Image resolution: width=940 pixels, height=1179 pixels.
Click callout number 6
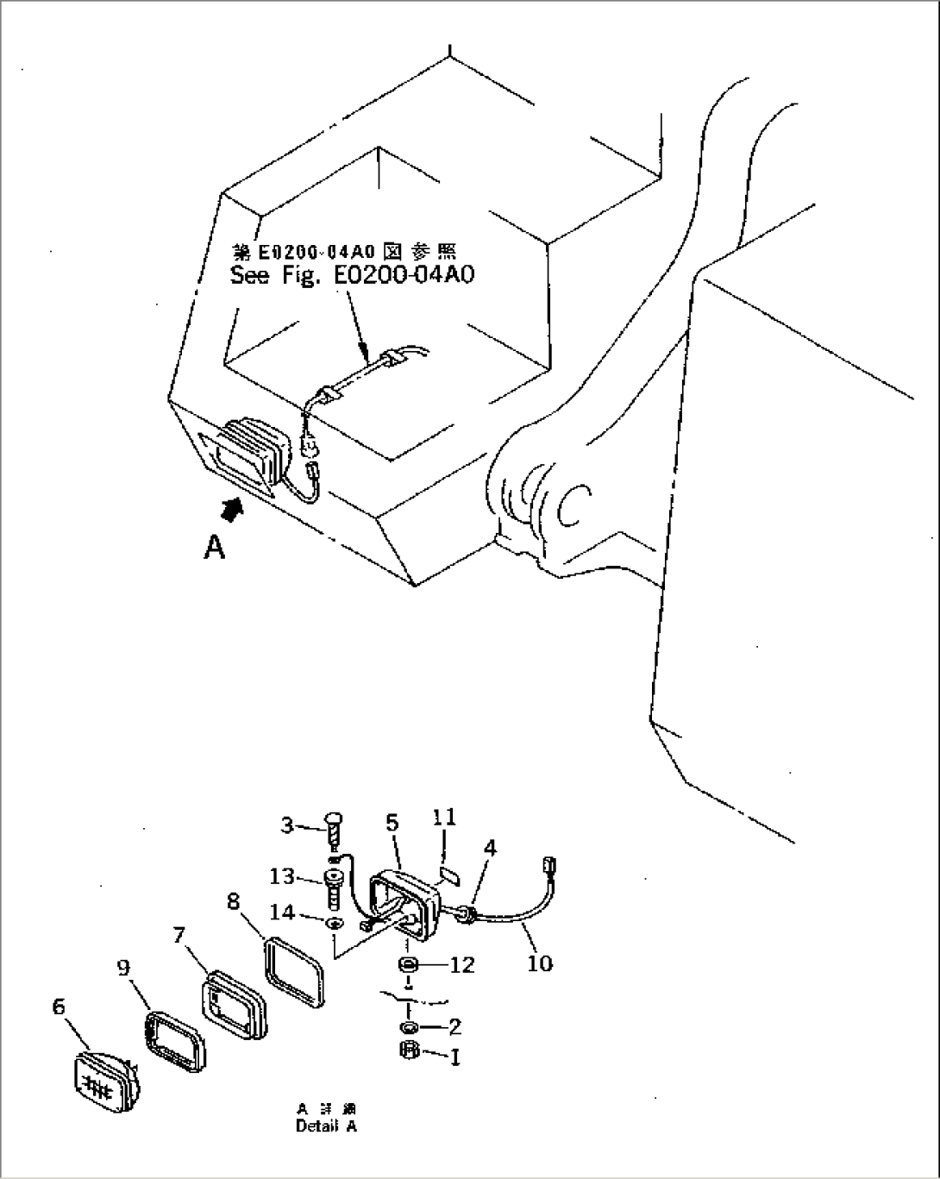60,1006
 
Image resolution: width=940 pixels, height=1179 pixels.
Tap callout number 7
179,935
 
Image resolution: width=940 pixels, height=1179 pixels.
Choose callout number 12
462,964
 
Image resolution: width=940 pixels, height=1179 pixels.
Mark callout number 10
539,962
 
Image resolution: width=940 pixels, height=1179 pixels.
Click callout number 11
446,816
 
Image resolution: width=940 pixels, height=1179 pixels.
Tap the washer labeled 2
409,1027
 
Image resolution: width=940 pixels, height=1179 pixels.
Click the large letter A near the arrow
214,546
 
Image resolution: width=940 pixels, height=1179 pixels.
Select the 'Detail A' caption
325,1126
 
